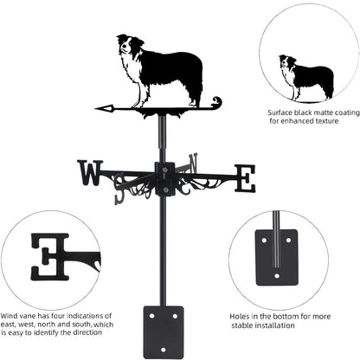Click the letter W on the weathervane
click(x=89, y=173)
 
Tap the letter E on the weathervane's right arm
click(x=246, y=178)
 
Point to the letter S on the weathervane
click(x=120, y=192)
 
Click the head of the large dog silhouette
click(x=129, y=48)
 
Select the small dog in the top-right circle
click(x=305, y=76)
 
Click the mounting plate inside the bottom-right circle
click(x=277, y=256)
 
